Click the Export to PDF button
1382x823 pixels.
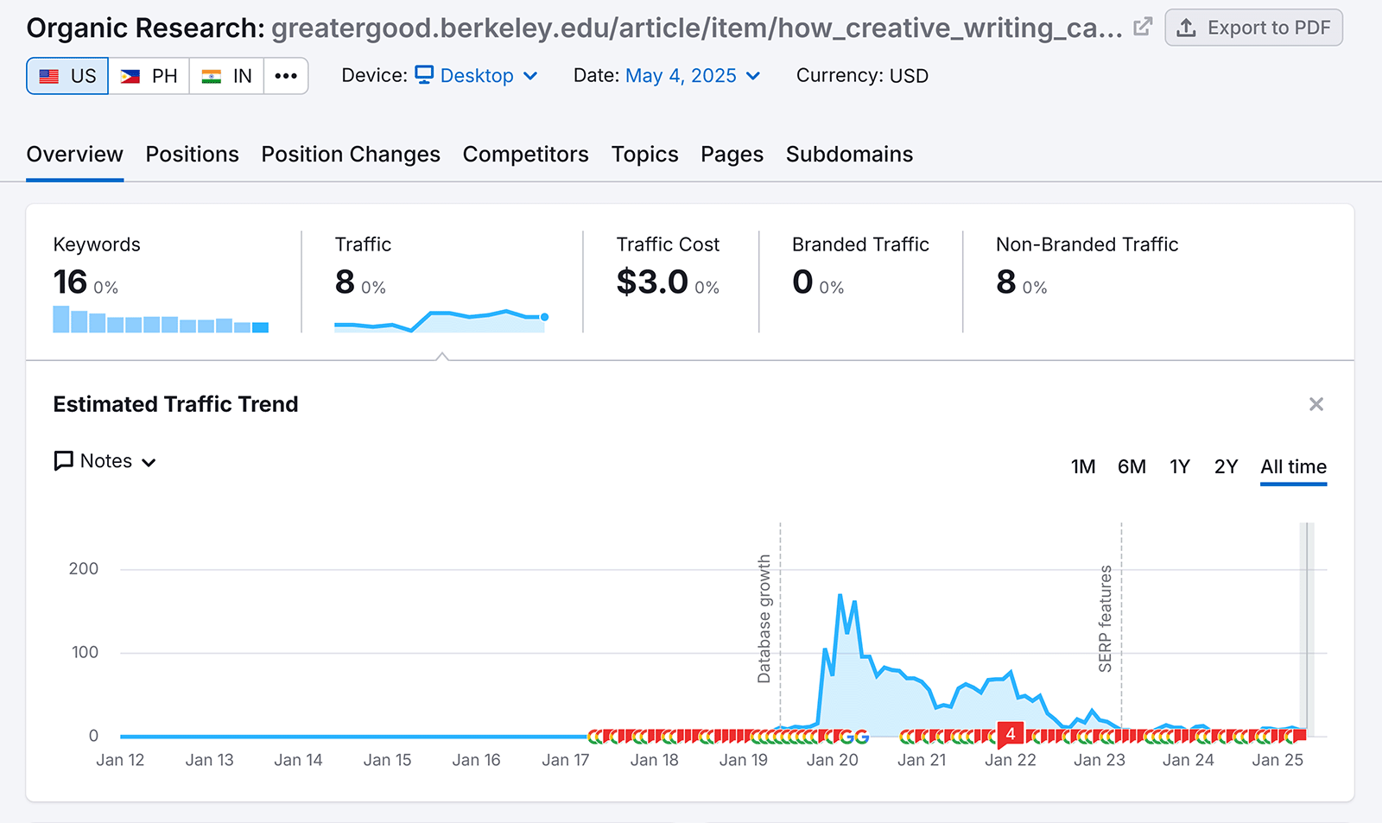tap(1253, 28)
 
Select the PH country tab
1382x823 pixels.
tap(149, 76)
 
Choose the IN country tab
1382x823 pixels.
tap(226, 76)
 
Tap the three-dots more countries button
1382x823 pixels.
tap(286, 76)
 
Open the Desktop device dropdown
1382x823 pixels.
tap(477, 76)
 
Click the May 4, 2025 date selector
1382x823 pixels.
tap(692, 76)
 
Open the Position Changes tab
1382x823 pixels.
tap(351, 155)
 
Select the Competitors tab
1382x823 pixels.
tap(525, 155)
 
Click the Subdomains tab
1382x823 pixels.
tap(849, 155)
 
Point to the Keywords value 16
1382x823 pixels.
tap(71, 282)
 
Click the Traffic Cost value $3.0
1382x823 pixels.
tap(652, 282)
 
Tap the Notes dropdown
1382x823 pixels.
tap(105, 461)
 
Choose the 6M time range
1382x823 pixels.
tap(1132, 467)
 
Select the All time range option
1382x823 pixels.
tap(1293, 467)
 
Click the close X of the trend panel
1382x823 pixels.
tap(1316, 404)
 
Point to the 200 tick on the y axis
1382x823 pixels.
tap(84, 568)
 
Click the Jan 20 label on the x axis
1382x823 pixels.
tap(832, 760)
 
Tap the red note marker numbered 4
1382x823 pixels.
tap(1010, 734)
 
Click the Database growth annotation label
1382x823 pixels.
tap(764, 618)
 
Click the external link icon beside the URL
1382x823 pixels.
tap(1143, 27)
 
